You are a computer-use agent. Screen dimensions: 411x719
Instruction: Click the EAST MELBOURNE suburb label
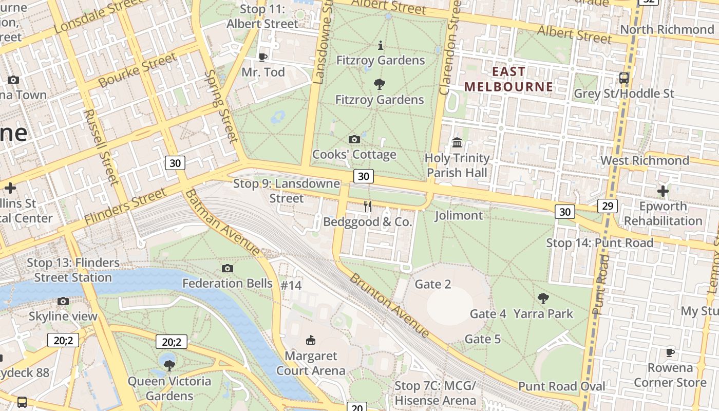508,79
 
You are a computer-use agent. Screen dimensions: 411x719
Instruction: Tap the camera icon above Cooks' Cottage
354,139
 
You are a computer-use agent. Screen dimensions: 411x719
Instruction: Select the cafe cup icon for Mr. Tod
263,57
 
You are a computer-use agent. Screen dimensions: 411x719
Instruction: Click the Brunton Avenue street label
390,305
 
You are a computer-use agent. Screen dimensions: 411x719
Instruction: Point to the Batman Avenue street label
223,222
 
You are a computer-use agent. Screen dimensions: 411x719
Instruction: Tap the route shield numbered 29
607,206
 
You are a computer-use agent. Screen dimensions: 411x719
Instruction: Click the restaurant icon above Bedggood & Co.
368,207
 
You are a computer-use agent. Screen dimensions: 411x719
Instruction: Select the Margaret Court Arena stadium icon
311,340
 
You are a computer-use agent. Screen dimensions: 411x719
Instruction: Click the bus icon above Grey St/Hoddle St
624,78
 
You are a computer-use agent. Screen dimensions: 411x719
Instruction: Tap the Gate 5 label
482,339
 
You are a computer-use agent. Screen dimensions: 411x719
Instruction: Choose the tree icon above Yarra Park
543,298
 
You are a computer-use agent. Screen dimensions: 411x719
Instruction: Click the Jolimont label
459,215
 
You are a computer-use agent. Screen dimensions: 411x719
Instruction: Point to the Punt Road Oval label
561,386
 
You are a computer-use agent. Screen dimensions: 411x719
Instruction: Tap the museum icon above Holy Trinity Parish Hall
457,142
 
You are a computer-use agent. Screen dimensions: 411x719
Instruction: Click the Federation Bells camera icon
228,268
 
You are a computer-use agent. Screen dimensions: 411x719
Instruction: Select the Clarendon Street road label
451,49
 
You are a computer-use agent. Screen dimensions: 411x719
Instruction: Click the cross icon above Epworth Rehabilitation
663,191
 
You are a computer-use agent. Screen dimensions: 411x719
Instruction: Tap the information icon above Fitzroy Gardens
381,45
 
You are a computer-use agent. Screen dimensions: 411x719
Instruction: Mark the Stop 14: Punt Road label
599,242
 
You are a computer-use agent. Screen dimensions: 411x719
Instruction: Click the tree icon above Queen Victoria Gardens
169,365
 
